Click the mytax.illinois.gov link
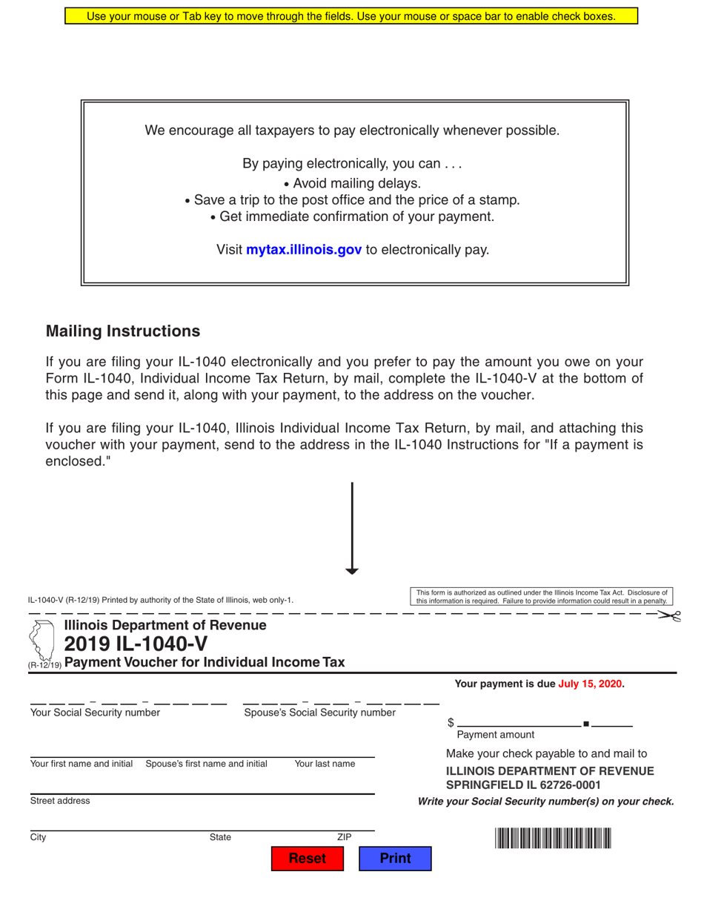point(303,250)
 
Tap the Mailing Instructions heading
point(123,331)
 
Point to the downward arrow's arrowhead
point(352,569)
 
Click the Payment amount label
point(495,735)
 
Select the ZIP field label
point(344,837)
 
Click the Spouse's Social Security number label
point(319,713)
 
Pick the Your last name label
point(325,764)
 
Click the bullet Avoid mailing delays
point(352,183)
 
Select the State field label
point(220,837)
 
